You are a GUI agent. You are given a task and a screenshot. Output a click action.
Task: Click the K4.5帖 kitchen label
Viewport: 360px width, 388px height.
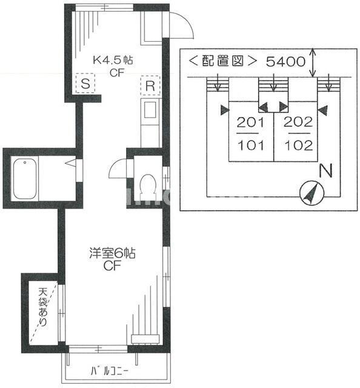(x=113, y=61)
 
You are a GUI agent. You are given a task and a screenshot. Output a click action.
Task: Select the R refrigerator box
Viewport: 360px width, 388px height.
(x=148, y=85)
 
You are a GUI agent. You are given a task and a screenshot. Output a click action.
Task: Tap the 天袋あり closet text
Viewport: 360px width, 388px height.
(x=43, y=306)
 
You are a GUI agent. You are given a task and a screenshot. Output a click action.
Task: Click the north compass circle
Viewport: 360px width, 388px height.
(x=313, y=193)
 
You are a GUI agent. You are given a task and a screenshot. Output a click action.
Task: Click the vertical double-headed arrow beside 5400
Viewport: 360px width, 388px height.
(x=313, y=62)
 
